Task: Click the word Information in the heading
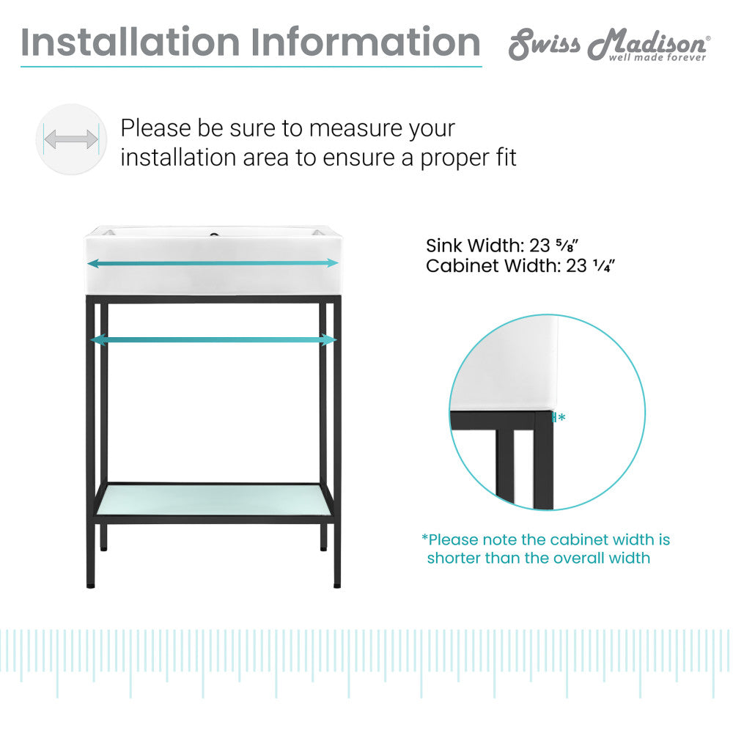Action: (x=366, y=42)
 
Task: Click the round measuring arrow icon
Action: (x=71, y=139)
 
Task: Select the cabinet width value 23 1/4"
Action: (x=590, y=265)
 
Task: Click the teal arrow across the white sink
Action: (x=213, y=262)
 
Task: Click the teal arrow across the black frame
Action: (x=213, y=339)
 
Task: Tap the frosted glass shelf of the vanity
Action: (x=213, y=499)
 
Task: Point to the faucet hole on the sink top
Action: (x=213, y=235)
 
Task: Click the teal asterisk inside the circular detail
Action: (x=561, y=417)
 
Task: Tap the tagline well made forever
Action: (x=658, y=57)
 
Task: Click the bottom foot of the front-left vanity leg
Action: (x=90, y=584)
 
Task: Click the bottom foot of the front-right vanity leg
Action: (x=336, y=584)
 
